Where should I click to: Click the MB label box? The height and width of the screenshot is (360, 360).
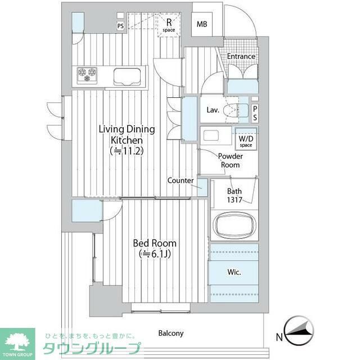tap(201, 24)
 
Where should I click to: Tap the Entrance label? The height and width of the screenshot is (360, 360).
tap(241, 56)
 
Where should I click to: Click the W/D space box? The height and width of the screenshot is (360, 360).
tap(246, 141)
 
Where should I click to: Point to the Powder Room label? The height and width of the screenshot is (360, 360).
tap(229, 161)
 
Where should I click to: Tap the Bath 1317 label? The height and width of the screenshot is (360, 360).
tap(235, 195)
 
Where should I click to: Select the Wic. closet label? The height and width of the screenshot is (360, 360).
tap(234, 272)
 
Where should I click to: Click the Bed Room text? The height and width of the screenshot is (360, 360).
tap(154, 243)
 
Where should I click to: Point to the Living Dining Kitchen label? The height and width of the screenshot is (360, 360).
tap(127, 134)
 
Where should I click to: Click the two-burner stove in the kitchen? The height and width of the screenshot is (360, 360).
tap(87, 74)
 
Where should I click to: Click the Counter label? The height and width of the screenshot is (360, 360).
tap(180, 181)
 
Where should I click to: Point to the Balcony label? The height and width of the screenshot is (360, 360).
tap(170, 333)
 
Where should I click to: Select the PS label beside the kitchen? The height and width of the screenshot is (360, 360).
tap(120, 26)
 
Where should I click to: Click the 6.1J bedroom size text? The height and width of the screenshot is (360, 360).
tap(154, 254)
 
